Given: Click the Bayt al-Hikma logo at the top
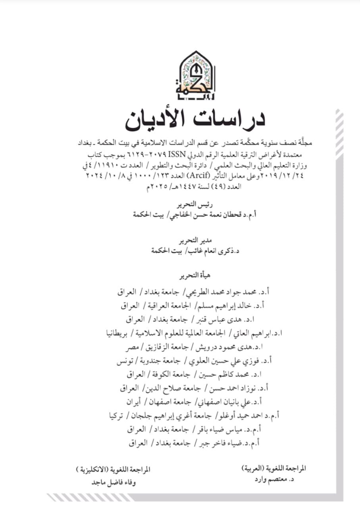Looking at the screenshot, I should coord(195,75).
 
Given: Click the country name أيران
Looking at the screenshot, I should coord(131,402).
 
